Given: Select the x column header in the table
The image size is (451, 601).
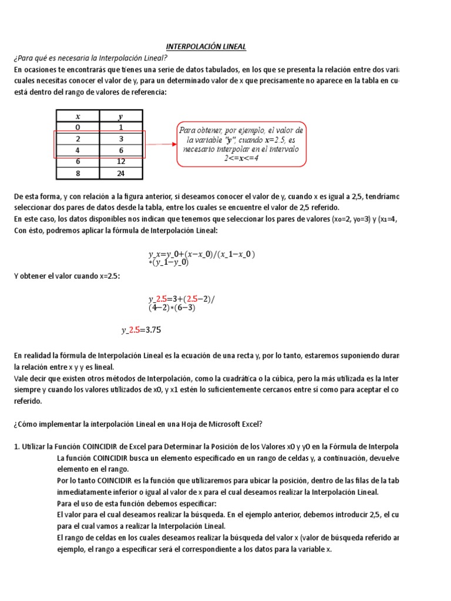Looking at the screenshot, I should (78, 116).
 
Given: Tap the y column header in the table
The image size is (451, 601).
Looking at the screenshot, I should (121, 116).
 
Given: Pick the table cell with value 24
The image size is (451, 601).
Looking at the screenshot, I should (121, 174).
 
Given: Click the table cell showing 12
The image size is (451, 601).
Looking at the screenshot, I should (121, 161).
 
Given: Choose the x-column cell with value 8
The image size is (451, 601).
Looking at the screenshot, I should (78, 174).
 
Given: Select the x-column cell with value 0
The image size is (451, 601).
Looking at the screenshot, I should (78, 127).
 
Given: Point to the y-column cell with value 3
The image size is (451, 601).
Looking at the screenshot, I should (121, 139).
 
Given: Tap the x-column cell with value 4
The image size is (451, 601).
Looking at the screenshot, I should (78, 150).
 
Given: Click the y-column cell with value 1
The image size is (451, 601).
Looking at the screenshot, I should (121, 127).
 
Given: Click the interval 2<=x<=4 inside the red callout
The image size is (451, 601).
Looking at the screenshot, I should (241, 158).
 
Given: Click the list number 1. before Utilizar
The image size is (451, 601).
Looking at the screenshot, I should (17, 447).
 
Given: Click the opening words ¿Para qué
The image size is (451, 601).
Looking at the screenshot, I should (27, 58).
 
